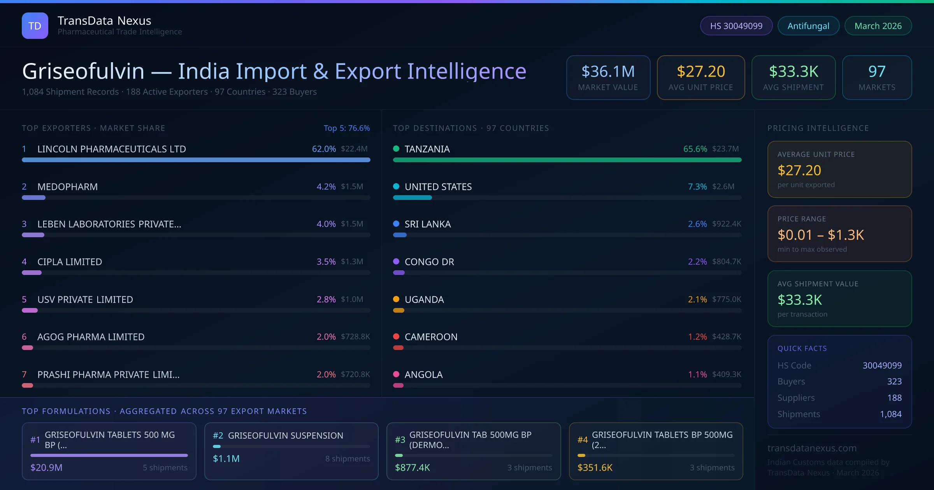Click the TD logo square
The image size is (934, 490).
[35, 26]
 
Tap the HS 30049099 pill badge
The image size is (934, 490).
[736, 26]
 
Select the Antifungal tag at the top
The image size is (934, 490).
[808, 26]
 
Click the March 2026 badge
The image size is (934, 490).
[878, 26]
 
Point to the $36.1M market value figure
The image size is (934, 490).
[608, 71]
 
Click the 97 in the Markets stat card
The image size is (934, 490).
[877, 71]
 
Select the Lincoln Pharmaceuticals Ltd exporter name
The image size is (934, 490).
[112, 149]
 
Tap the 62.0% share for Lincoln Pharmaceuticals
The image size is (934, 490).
[324, 149]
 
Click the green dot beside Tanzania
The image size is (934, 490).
[396, 149]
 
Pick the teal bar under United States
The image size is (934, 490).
[413, 198]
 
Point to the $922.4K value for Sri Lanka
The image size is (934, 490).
[727, 224]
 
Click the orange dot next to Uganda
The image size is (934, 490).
[396, 299]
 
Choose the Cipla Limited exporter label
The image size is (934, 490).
[70, 262]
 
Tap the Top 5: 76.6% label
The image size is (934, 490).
[347, 128]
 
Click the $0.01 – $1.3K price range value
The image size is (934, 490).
[821, 235]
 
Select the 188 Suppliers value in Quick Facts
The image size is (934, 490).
[894, 398]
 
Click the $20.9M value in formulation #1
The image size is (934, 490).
[46, 467]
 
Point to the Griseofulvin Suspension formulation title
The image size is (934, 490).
[286, 436]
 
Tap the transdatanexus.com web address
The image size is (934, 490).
[812, 448]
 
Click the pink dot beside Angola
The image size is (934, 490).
[396, 374]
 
